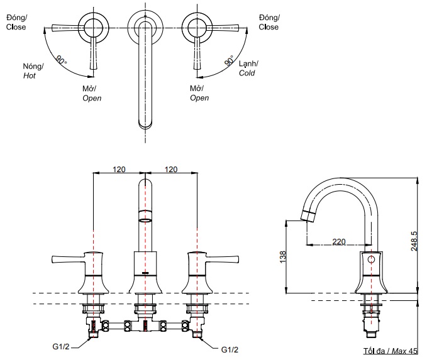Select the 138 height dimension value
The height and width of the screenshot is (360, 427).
(284, 256)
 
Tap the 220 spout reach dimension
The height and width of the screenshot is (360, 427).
(339, 241)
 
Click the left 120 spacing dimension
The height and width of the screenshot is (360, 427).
(119, 169)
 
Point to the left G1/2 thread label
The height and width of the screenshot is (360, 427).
(60, 346)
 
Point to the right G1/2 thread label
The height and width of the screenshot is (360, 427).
(230, 349)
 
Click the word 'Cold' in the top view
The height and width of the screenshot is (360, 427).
(247, 74)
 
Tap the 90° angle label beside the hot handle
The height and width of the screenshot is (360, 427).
(61, 61)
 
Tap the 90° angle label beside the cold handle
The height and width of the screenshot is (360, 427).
(230, 62)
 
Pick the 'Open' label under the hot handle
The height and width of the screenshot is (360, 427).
(92, 98)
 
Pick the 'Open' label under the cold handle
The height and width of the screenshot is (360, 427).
(199, 98)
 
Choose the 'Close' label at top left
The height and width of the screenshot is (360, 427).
(16, 27)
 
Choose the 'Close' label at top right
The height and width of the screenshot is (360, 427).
(269, 27)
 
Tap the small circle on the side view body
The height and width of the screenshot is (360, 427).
(372, 259)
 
